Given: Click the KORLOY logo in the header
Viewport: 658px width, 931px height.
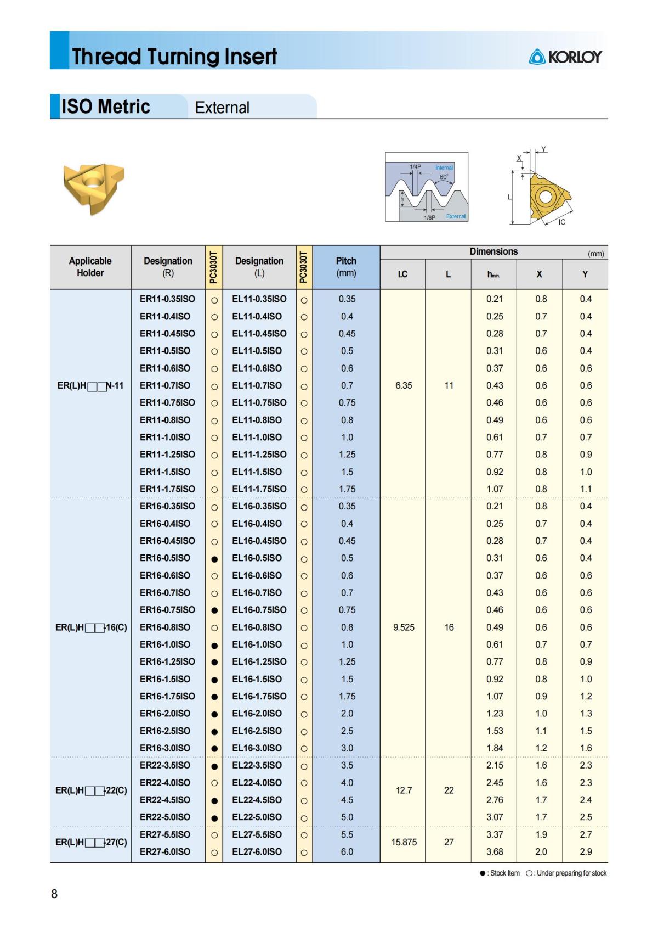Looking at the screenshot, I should [566, 57].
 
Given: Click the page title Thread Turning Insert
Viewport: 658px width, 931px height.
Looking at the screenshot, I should [174, 56].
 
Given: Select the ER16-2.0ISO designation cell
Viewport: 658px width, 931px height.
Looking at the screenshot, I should [165, 714].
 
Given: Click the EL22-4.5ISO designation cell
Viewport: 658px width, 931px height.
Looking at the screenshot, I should [257, 800].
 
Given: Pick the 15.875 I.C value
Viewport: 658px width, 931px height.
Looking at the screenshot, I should [404, 842].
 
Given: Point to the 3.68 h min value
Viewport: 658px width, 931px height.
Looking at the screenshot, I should [494, 851].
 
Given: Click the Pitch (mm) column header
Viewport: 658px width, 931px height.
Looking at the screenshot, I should [346, 267].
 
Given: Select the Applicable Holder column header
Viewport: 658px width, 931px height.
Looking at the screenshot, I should [90, 267].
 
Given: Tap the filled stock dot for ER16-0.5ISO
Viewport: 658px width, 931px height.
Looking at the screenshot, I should [214, 559].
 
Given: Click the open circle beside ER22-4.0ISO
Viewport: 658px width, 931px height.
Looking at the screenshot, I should [214, 783].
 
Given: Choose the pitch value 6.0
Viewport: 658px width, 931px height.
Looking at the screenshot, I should [347, 851].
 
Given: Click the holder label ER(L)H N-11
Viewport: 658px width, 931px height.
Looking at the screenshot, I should [90, 385].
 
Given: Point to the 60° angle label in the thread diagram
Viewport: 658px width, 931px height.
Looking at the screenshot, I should [444, 177].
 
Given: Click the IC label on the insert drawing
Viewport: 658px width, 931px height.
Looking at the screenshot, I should [561, 222].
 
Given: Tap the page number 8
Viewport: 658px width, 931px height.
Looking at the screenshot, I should [54, 894].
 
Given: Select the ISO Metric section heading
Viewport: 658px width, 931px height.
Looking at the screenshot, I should [105, 106].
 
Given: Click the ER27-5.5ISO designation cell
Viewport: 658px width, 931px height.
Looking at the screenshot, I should [165, 834].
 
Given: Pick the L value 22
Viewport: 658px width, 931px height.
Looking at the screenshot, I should [449, 790].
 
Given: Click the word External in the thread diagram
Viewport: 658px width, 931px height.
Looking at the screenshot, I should [456, 216].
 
